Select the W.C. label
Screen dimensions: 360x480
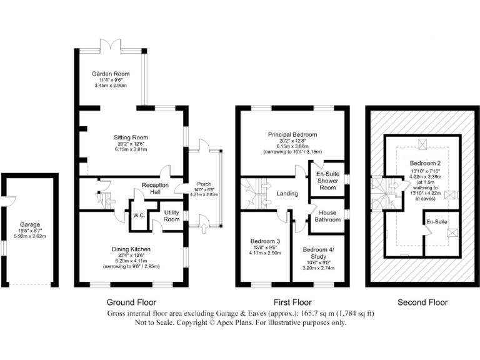(x=139, y=216)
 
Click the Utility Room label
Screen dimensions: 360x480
(x=171, y=217)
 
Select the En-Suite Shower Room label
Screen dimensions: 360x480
(x=327, y=181)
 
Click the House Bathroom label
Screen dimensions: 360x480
(x=327, y=216)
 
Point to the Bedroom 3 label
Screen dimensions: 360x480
(x=266, y=241)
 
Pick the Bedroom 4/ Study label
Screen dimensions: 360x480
(x=319, y=252)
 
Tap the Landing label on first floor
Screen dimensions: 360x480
(x=287, y=194)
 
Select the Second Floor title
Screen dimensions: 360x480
(x=422, y=302)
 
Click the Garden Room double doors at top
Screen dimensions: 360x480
(x=110, y=46)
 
